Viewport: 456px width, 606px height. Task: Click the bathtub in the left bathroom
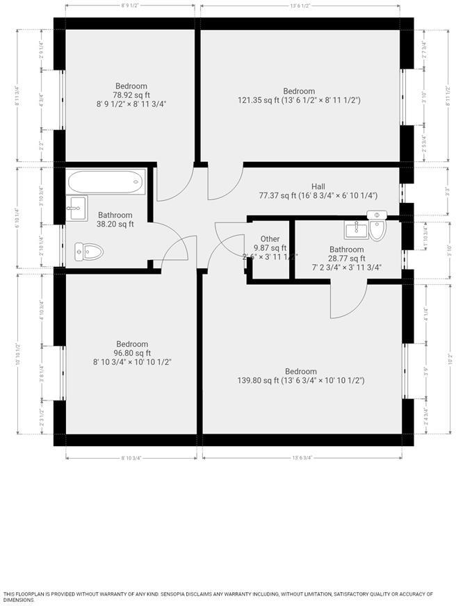point(106,182)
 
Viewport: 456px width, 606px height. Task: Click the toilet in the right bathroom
point(377,229)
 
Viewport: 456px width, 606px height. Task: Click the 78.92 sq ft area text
point(131,95)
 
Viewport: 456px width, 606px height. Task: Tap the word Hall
point(318,186)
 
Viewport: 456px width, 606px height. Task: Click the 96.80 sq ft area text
point(131,353)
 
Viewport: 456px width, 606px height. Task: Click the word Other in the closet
point(270,239)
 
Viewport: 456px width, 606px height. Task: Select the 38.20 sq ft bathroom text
point(115,224)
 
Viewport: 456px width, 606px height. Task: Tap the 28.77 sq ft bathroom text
point(346,258)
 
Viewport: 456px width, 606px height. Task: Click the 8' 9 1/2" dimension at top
point(131,6)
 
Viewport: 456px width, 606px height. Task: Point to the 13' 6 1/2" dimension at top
point(300,6)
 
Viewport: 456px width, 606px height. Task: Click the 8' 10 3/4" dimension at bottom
point(131,458)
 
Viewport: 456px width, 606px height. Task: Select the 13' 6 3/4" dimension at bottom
point(302,458)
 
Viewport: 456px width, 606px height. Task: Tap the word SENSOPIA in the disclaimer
point(182,594)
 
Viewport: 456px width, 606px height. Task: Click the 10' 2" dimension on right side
point(450,361)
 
